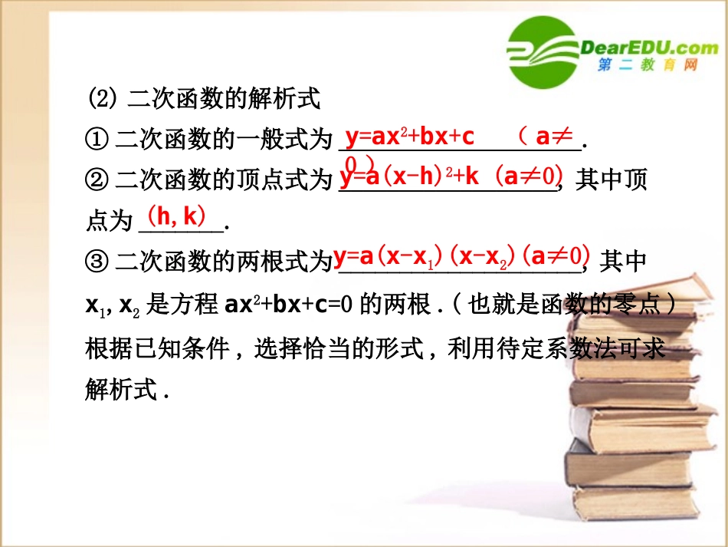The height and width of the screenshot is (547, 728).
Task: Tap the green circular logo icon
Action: [x=543, y=53]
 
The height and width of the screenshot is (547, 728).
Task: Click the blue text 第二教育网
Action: [x=648, y=66]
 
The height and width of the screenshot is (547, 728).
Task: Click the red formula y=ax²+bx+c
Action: [x=409, y=137]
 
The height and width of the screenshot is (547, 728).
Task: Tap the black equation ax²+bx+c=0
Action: [x=290, y=305]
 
